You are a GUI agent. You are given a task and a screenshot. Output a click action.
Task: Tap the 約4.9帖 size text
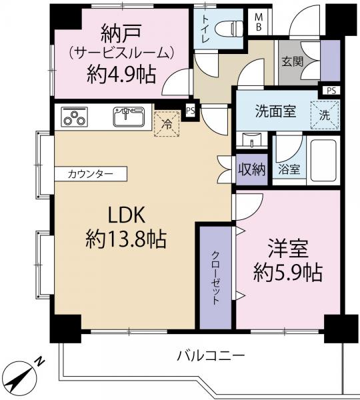[x=121, y=74]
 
